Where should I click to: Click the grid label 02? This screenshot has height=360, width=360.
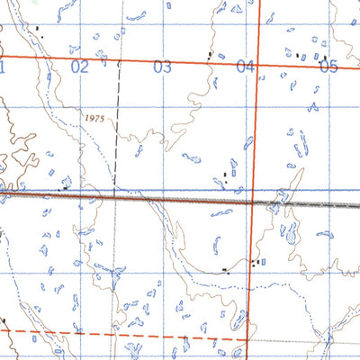coord(80,67)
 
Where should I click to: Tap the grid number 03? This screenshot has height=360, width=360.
coord(162,67)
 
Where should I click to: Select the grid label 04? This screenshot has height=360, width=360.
coord(245,67)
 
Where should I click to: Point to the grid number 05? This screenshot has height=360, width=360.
coord(328,67)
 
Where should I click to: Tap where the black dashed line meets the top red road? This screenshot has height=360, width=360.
coord(121,61)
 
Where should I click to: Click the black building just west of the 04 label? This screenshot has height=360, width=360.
coord(210,55)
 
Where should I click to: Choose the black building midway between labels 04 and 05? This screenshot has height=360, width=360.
coord(298,55)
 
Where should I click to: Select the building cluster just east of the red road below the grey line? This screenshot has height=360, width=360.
coord(259,263)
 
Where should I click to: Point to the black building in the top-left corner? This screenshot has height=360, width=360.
coord(38,29)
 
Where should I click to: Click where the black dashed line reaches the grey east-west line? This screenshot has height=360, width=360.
coord(115,197)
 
